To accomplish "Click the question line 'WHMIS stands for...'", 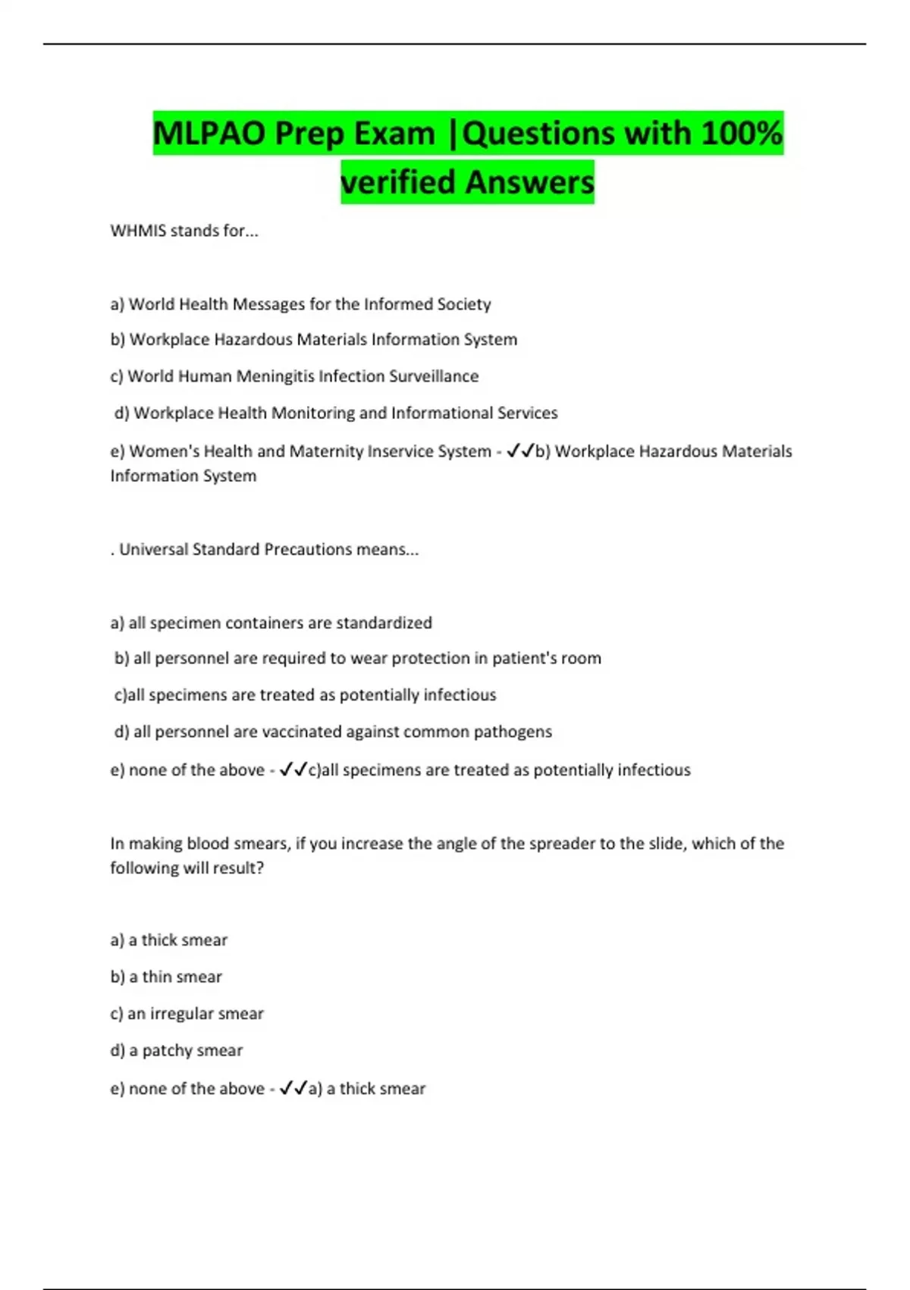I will (x=184, y=231).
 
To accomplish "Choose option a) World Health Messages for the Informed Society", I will (x=300, y=304).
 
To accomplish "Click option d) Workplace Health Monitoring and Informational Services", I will (x=336, y=413).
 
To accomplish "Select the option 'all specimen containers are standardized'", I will (x=271, y=623).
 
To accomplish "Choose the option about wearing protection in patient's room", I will (x=358, y=659).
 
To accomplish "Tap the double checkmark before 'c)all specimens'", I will (x=293, y=770).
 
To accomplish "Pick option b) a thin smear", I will (x=166, y=977).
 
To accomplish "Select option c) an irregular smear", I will (x=187, y=1014).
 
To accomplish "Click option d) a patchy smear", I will (x=177, y=1051).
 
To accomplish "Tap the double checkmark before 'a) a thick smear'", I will (x=293, y=1089).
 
